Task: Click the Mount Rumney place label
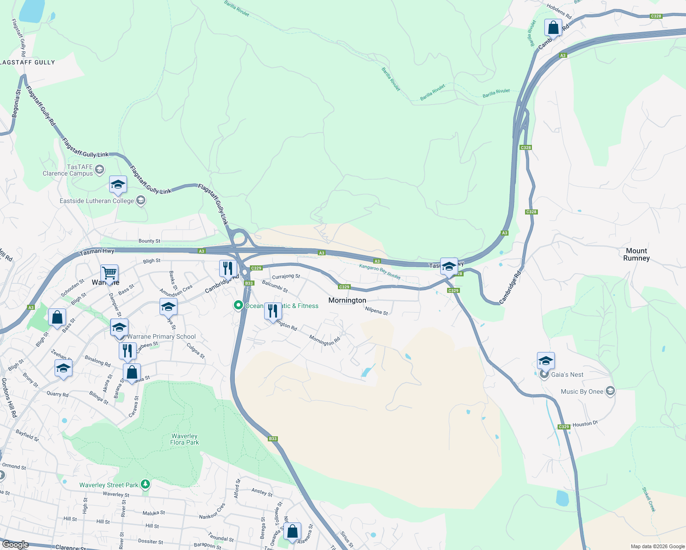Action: click(636, 254)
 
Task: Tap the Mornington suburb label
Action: click(347, 300)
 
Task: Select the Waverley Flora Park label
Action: click(184, 439)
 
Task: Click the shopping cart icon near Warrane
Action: click(110, 273)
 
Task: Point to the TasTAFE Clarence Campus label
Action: click(68, 170)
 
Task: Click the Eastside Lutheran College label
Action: click(97, 201)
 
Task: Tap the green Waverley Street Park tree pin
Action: click(145, 484)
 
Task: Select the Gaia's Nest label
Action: click(567, 374)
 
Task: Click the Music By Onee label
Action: click(582, 391)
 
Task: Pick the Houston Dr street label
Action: click(585, 424)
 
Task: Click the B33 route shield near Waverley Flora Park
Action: click(273, 439)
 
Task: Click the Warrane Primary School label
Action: click(161, 336)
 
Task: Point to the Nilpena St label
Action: click(376, 311)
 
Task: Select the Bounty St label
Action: click(149, 241)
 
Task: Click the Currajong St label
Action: click(286, 276)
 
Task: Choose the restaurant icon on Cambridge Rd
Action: click(228, 269)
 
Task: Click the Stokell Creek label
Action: click(648, 499)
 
